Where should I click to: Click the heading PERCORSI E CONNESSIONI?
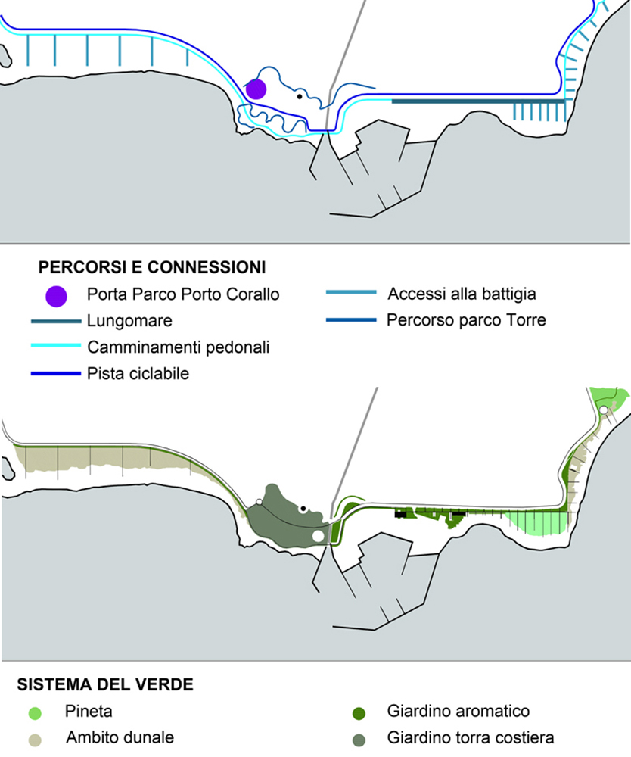click(151, 267)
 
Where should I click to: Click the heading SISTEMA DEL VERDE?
click(105, 685)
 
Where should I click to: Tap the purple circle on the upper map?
click(256, 89)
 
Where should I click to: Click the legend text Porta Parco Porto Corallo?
click(183, 294)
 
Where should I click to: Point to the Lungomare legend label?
click(129, 321)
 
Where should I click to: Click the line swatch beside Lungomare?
click(55, 322)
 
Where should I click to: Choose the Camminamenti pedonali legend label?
click(179, 347)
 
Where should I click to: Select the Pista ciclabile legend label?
click(138, 373)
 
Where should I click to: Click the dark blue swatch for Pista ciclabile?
click(55, 373)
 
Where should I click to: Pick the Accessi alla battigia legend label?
click(462, 294)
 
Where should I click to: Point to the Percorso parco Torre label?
click(466, 320)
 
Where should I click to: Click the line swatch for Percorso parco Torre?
click(350, 320)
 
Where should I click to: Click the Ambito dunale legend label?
click(120, 737)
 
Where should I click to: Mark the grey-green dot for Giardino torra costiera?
click(359, 738)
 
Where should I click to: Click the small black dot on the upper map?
click(300, 96)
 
